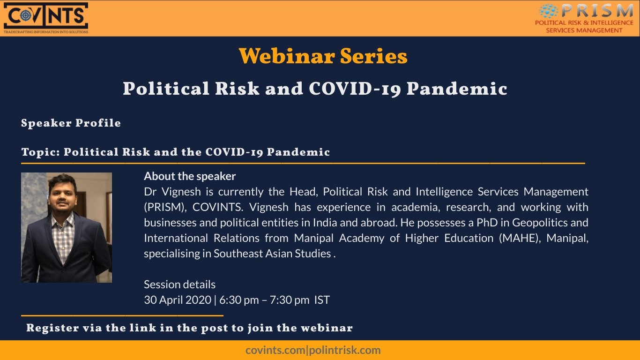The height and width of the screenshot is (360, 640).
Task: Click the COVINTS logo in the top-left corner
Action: pyautogui.click(x=45, y=18)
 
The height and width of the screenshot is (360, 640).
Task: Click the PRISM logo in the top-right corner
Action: pyautogui.click(x=586, y=18)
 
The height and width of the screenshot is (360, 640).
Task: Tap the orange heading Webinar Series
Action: pyautogui.click(x=323, y=57)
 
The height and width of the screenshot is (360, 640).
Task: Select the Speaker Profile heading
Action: pyautogui.click(x=71, y=123)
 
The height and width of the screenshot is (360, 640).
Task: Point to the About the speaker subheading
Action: pyautogui.click(x=190, y=176)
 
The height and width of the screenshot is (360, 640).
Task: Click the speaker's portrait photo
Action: pyautogui.click(x=67, y=227)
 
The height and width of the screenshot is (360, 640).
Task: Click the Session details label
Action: pyautogui.click(x=180, y=285)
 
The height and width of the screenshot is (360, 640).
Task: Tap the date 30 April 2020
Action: pyautogui.click(x=178, y=300)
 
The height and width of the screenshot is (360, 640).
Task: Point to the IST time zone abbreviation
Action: pyautogui.click(x=322, y=300)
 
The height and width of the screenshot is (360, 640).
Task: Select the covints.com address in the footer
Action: pyautogui.click(x=275, y=350)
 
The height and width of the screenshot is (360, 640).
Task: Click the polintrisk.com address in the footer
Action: pyautogui.click(x=344, y=350)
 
